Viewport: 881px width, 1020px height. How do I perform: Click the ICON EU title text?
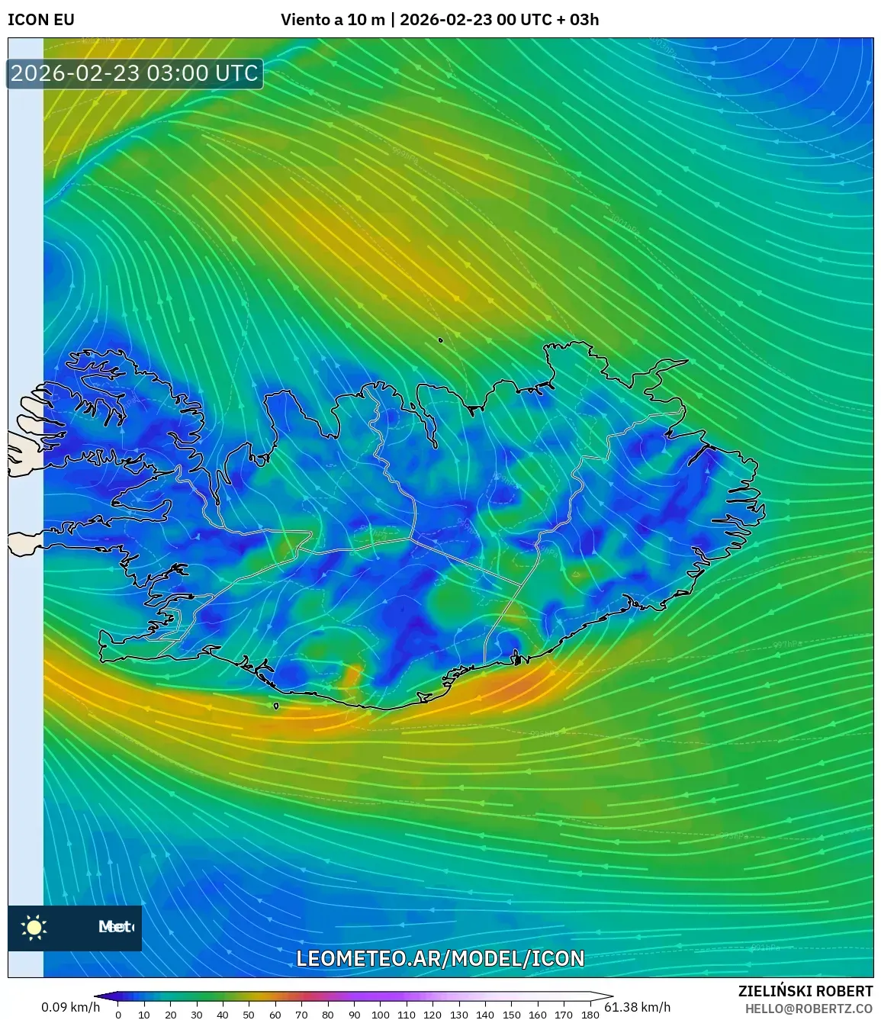tap(41, 19)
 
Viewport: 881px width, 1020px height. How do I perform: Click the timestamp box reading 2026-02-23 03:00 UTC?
tap(135, 73)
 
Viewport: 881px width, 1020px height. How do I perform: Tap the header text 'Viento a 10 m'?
tap(333, 19)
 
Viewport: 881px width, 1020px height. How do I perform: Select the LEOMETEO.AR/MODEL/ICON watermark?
tap(440, 958)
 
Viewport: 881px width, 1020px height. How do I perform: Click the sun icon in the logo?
tap(34, 928)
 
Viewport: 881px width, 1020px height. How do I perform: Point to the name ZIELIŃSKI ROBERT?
tap(805, 991)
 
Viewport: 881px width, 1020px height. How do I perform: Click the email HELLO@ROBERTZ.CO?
tap(809, 1008)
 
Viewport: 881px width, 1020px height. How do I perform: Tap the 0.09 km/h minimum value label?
tap(70, 1007)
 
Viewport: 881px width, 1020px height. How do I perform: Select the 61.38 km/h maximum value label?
tap(637, 1007)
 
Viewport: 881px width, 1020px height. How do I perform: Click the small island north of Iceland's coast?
tap(441, 340)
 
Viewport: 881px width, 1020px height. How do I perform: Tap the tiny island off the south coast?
tap(275, 706)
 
